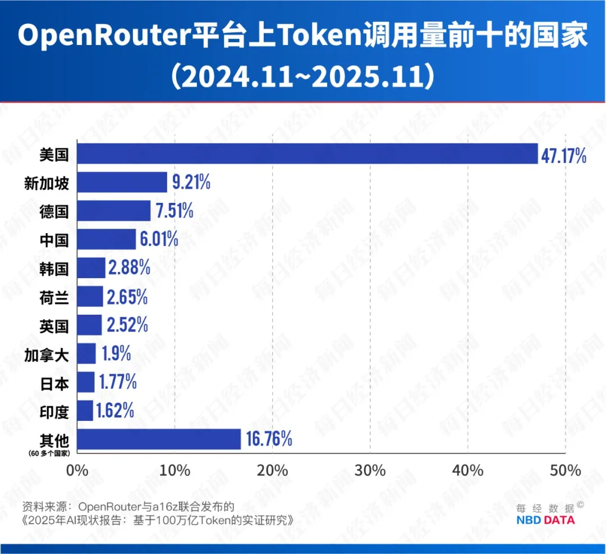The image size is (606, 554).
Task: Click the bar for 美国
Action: click(x=307, y=154)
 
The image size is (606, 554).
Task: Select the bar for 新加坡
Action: click(x=122, y=182)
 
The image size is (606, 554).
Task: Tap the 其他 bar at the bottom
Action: click(x=159, y=439)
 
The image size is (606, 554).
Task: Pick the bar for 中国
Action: click(x=106, y=239)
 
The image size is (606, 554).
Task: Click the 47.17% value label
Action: click(x=563, y=155)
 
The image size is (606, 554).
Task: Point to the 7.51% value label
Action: click(x=173, y=211)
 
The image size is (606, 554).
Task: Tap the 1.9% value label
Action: click(x=116, y=354)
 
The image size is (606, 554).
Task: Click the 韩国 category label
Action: click(x=54, y=268)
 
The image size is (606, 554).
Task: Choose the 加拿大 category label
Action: click(x=47, y=354)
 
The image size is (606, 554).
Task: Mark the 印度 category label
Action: click(x=54, y=411)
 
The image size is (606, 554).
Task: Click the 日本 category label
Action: click(x=54, y=383)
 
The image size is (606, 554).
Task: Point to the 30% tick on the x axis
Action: click(x=370, y=470)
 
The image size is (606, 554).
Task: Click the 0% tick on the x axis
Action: click(x=78, y=470)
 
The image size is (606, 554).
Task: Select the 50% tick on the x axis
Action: click(x=565, y=470)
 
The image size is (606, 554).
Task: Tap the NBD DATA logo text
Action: click(x=545, y=520)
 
